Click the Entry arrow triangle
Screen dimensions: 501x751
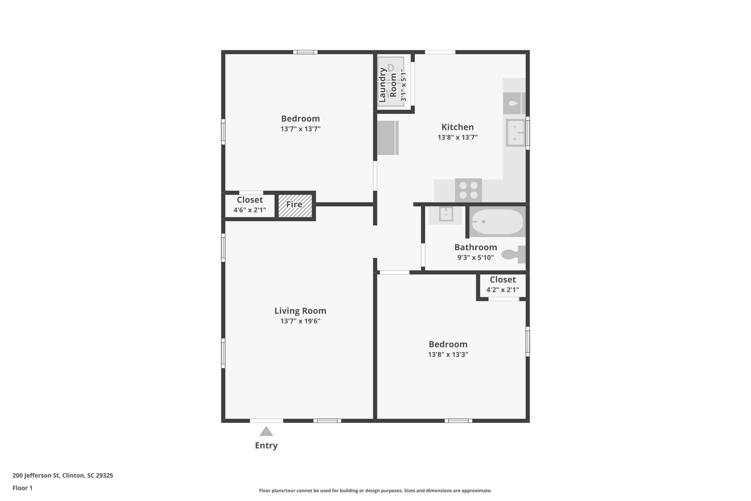(x=266, y=431)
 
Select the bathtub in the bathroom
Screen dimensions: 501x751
(x=497, y=222)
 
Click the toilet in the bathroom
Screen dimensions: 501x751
(x=513, y=254)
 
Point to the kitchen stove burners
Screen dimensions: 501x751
(x=469, y=190)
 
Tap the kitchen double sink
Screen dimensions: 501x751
(x=516, y=133)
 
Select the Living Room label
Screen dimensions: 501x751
(x=300, y=311)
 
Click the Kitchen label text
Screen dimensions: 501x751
(x=457, y=127)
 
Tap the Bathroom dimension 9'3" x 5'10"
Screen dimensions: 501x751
(x=475, y=258)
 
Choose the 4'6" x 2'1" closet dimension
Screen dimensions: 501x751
(x=250, y=210)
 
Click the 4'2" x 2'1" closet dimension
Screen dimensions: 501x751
(x=502, y=290)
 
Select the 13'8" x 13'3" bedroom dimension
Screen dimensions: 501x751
(x=448, y=355)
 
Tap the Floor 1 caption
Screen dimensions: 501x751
(x=22, y=488)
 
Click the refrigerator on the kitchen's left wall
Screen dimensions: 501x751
(x=388, y=138)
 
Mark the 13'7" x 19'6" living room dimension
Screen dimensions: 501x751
(x=300, y=321)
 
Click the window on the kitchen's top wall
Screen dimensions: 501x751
(x=440, y=52)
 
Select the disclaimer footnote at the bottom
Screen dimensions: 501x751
(x=375, y=491)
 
